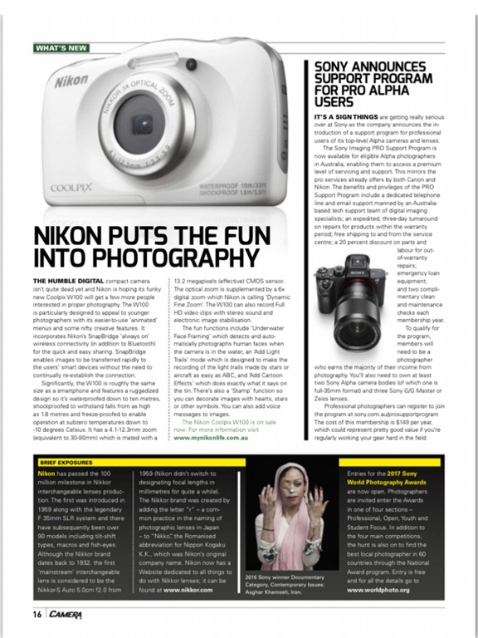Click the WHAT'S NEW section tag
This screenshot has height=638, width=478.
click(61, 47)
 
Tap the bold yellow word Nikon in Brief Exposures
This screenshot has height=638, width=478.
click(46, 473)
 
